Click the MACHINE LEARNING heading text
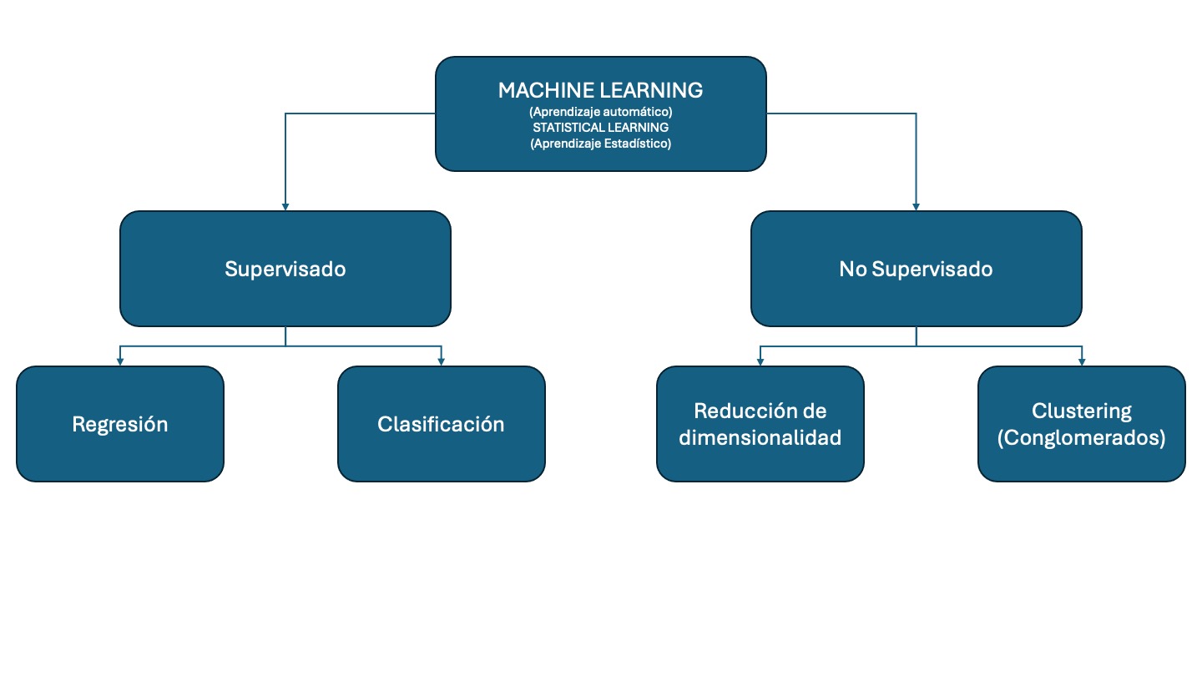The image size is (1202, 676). (600, 90)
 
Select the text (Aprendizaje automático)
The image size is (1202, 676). (600, 111)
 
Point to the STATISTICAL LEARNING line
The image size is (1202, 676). (600, 127)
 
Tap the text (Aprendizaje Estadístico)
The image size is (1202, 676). (600, 143)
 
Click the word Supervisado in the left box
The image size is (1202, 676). (285, 269)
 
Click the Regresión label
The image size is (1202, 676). (120, 424)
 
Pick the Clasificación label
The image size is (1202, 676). (441, 424)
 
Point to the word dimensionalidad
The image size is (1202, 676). (760, 436)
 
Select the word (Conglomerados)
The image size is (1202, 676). (1082, 436)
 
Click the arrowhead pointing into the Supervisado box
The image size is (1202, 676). (285, 205)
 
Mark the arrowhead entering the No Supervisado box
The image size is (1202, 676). (917, 205)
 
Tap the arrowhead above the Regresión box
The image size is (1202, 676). (120, 361)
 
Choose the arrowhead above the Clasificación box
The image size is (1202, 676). (441, 361)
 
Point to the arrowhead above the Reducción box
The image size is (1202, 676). (760, 361)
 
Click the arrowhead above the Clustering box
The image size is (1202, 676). (1082, 361)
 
